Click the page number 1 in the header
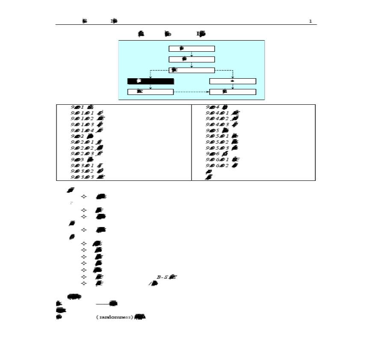pos(310,21)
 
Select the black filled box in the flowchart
pos(151,81)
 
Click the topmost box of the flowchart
pos(192,49)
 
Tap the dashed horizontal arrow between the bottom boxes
pos(191,92)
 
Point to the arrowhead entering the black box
pos(151,77)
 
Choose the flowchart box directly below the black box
pos(151,92)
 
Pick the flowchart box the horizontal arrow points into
pos(233,92)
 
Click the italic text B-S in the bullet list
pos(162,277)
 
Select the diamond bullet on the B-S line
pos(84,277)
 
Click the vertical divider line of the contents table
pos(192,142)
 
